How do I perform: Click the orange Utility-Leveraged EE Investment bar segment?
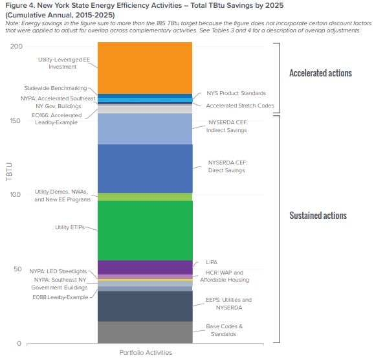[x=144, y=67]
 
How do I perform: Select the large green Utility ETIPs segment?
[x=144, y=230]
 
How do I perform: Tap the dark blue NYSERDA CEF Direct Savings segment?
[x=144, y=168]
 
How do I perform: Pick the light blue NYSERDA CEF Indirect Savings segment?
[x=144, y=128]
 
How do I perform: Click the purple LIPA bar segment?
[x=144, y=267]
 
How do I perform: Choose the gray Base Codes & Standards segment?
[x=144, y=332]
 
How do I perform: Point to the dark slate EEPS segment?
[x=144, y=306]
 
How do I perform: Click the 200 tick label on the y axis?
[x=16, y=46]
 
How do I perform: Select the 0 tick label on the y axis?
[x=19, y=343]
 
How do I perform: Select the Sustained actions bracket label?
[x=318, y=216]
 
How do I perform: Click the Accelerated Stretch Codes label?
[x=239, y=106]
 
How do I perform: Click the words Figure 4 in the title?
[x=20, y=5]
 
